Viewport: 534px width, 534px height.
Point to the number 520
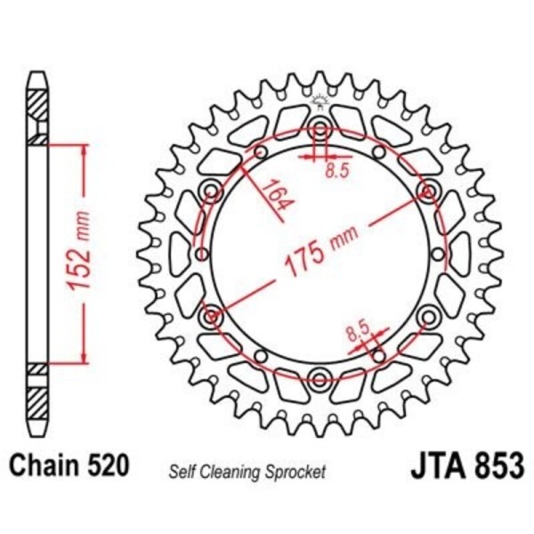109,465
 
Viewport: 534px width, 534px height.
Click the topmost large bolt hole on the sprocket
320,129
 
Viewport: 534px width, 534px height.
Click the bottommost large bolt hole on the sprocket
320,378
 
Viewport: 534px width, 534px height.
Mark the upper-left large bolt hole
212,190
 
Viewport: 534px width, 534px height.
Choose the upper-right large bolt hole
429,190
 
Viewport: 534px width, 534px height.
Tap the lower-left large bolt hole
212,316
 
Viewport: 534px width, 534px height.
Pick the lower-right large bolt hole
429,316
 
